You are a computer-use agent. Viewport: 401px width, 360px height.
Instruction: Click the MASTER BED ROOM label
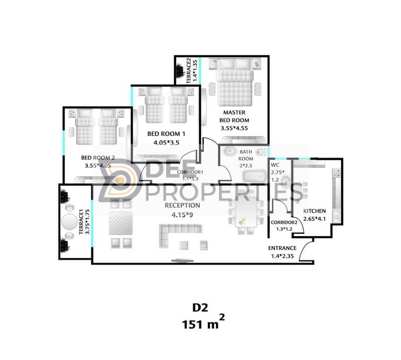(x=234, y=116)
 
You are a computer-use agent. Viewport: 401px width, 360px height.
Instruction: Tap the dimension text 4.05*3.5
(x=166, y=143)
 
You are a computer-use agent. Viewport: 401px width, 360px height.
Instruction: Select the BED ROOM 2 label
(x=98, y=158)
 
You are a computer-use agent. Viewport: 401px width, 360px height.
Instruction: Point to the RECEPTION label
(x=182, y=205)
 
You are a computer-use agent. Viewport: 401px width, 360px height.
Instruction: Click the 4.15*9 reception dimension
(x=182, y=215)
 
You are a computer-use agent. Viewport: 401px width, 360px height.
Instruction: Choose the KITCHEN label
(x=315, y=211)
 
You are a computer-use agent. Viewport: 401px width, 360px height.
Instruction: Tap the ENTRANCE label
(x=283, y=248)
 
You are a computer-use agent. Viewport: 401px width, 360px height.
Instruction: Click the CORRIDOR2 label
(x=284, y=222)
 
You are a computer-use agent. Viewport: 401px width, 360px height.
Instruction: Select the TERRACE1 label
(x=81, y=221)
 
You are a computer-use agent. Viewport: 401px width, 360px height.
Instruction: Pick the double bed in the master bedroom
(x=234, y=82)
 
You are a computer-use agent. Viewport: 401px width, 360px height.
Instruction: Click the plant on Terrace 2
(x=181, y=70)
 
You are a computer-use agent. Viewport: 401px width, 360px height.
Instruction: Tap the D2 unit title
(x=200, y=308)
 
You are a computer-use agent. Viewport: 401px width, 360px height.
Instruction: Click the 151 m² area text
(x=203, y=322)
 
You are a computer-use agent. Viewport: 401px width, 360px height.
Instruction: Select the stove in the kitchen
(x=336, y=173)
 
